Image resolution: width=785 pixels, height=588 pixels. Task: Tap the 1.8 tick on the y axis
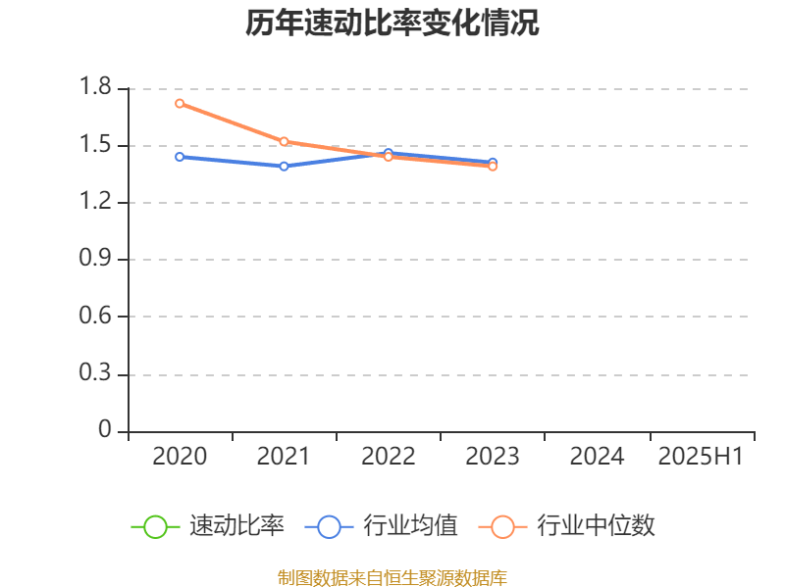click(96, 88)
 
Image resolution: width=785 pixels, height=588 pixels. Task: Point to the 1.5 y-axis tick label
click(96, 145)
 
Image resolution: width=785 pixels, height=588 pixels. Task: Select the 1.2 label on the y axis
click(96, 203)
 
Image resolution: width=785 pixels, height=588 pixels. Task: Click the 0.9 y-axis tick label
click(96, 260)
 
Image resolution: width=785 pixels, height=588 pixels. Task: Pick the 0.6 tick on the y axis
click(96, 317)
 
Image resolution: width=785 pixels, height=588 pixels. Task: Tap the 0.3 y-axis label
click(96, 374)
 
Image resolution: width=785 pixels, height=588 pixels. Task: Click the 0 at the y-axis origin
click(106, 431)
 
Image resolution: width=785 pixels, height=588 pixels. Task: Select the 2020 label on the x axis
click(180, 457)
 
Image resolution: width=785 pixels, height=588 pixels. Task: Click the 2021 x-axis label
click(284, 457)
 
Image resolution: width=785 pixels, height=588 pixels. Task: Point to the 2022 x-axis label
click(388, 457)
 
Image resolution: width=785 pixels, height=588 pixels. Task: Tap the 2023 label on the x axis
click(492, 457)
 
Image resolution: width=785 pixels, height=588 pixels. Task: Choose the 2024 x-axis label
click(597, 457)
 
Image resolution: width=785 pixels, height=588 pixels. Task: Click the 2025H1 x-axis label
click(701, 457)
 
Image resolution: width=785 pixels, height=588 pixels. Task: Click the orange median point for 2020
click(180, 103)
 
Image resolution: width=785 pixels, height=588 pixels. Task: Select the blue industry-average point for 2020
click(180, 157)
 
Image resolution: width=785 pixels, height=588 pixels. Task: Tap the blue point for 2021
click(284, 166)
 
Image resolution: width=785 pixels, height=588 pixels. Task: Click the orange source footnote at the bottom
click(392, 577)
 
